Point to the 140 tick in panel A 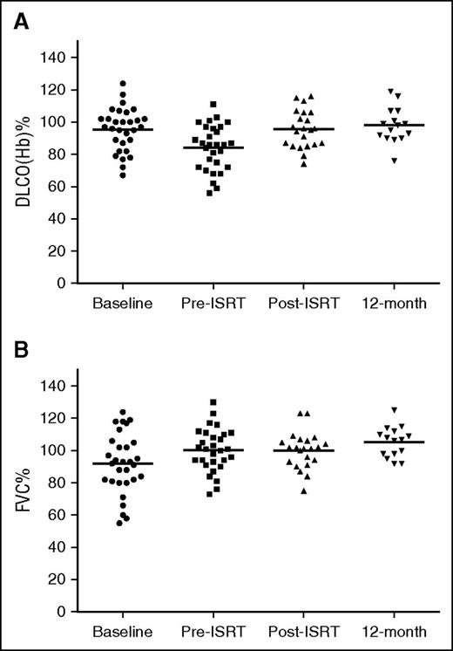57,58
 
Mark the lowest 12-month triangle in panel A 374,160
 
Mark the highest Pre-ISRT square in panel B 213,402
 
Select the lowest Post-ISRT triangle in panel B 303,490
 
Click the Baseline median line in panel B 129,463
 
